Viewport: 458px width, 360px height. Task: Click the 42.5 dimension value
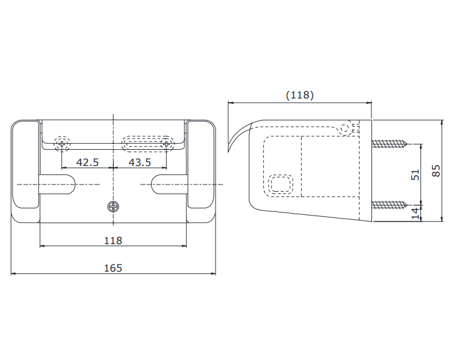(x=87, y=162)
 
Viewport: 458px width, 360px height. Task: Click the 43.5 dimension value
(x=140, y=162)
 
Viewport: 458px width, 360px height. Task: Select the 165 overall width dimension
(x=113, y=268)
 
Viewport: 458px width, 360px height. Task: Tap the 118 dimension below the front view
(x=113, y=241)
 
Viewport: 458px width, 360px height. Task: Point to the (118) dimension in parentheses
(x=300, y=95)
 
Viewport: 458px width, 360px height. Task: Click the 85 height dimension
(x=436, y=171)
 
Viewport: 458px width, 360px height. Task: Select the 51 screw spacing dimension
(x=415, y=174)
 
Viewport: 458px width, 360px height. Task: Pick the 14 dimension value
(x=415, y=213)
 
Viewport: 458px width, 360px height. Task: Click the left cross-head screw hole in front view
(x=62, y=144)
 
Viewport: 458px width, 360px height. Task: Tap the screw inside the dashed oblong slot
(x=166, y=144)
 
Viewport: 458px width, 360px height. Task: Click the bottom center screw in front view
(x=113, y=207)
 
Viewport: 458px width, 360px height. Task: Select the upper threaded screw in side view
(x=390, y=144)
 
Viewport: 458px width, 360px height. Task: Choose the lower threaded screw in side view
(x=390, y=205)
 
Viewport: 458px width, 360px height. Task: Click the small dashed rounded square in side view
(x=281, y=184)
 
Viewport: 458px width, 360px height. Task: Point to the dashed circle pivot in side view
(x=345, y=128)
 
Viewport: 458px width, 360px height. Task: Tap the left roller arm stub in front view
(x=57, y=184)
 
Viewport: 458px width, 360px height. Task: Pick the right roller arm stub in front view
(x=169, y=184)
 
